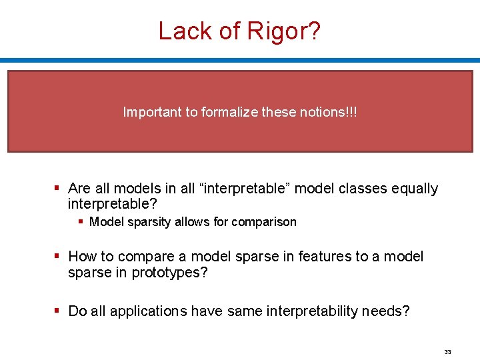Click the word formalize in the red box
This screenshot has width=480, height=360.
pos(227,112)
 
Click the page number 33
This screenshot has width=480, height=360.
pos(447,351)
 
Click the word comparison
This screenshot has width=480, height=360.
pos(264,222)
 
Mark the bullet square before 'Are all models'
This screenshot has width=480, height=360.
pos(59,189)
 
